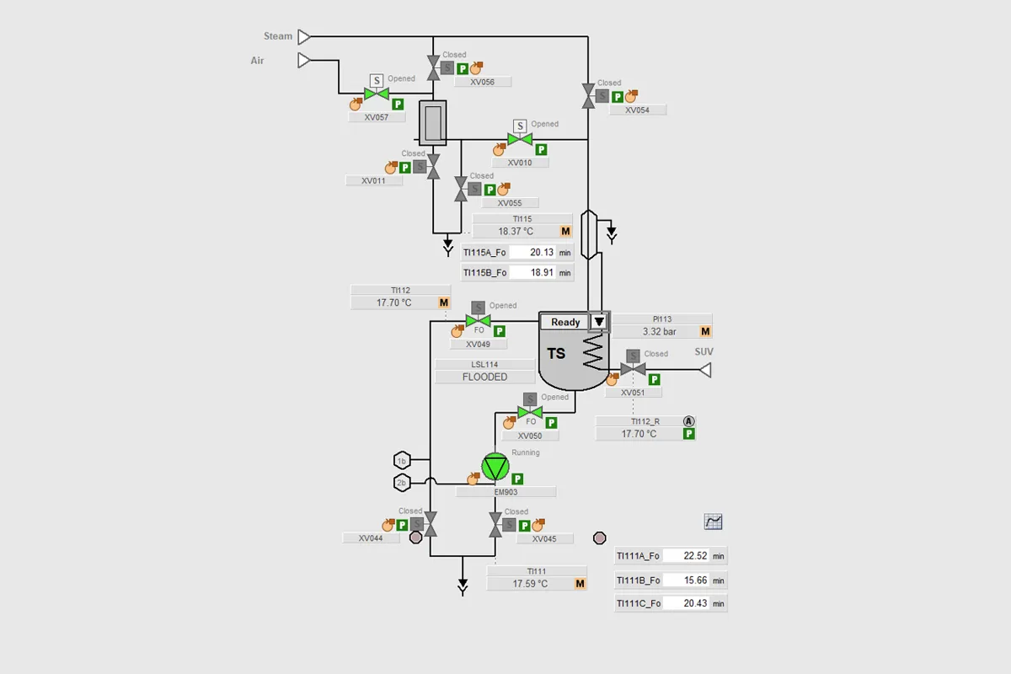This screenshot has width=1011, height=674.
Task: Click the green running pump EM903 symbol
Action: [x=495, y=467]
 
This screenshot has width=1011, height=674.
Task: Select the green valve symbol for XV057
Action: [x=377, y=94]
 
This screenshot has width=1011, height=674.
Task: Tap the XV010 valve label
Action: [x=520, y=163]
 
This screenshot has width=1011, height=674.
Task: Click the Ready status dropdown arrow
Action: [x=599, y=322]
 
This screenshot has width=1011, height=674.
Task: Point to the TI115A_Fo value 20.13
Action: [x=542, y=253]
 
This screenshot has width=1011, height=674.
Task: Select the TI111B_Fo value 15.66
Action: [x=695, y=580]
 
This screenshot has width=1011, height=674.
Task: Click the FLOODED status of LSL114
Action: [x=484, y=377]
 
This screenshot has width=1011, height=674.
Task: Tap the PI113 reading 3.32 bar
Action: [x=660, y=332]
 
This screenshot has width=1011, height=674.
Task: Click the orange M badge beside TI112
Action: [x=444, y=302]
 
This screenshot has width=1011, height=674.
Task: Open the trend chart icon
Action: [x=713, y=522]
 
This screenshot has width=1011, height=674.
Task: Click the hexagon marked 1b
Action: [x=402, y=461]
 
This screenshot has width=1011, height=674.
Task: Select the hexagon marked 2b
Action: [x=402, y=483]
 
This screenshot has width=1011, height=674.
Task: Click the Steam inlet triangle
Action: [x=304, y=36]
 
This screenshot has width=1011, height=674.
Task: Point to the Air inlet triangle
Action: [x=304, y=61]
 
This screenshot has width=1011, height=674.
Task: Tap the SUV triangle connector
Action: [x=705, y=370]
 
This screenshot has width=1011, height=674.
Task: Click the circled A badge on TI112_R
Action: [x=688, y=421]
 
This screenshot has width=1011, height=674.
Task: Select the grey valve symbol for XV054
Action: [x=588, y=96]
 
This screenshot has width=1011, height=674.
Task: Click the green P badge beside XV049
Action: [x=499, y=331]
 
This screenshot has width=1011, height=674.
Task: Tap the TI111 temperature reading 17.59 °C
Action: [x=530, y=584]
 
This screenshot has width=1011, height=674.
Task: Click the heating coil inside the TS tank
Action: [x=593, y=351]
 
